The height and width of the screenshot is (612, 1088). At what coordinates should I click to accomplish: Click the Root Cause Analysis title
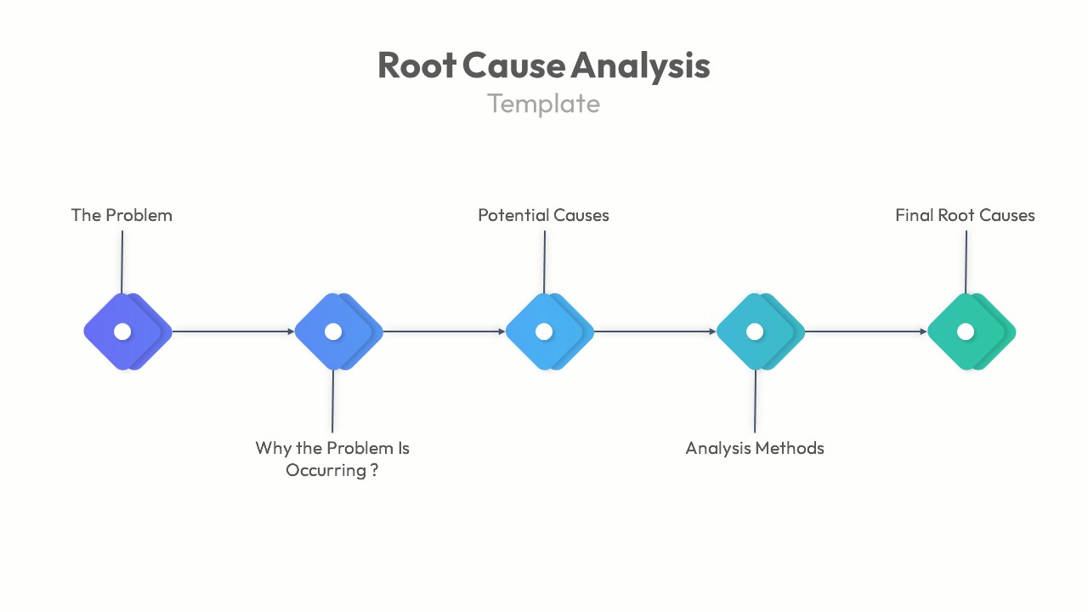click(x=543, y=65)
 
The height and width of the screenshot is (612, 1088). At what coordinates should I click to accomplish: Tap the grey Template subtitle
click(x=543, y=104)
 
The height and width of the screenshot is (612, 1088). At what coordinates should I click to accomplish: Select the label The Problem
click(x=122, y=215)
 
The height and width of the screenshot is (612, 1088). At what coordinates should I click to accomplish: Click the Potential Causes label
click(x=543, y=215)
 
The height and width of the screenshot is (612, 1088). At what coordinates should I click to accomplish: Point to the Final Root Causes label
click(x=965, y=215)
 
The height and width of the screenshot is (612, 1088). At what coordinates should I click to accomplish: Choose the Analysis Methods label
click(x=755, y=448)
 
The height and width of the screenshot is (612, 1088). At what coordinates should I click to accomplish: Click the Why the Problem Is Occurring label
click(x=332, y=458)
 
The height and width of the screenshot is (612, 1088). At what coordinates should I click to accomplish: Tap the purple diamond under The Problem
click(x=124, y=331)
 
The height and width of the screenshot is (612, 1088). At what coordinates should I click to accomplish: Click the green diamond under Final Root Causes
click(x=967, y=331)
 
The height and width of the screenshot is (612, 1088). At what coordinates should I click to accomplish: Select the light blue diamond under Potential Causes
click(x=546, y=331)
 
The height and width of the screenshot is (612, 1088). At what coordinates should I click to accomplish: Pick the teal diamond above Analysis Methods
click(x=756, y=331)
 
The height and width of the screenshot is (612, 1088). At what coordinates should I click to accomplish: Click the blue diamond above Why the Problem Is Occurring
click(x=335, y=331)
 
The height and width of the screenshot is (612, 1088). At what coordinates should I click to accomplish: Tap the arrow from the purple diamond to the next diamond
click(x=233, y=331)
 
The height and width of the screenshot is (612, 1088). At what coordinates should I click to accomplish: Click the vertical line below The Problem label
click(x=122, y=262)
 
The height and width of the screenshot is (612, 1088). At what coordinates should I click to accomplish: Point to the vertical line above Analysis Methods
click(x=755, y=401)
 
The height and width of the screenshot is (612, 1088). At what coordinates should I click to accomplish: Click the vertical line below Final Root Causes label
click(x=966, y=262)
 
